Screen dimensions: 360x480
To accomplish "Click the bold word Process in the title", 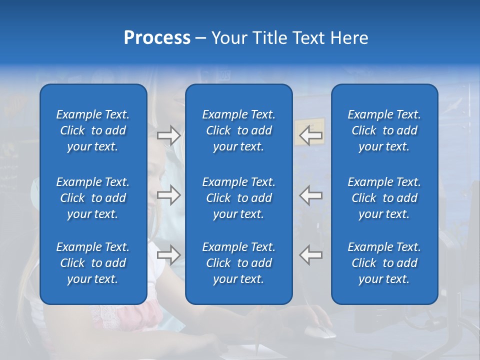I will click(x=157, y=38).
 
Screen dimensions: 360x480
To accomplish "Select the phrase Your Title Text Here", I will click(x=289, y=38).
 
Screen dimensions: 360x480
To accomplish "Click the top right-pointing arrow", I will click(x=168, y=135).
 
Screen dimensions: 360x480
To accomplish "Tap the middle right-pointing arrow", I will click(x=168, y=195).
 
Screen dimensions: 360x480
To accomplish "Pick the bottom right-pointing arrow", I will click(x=168, y=255).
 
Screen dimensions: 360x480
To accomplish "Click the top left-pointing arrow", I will click(x=311, y=134).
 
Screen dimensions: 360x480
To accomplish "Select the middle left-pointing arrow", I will click(x=311, y=195).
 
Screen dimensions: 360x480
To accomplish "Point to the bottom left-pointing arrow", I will click(x=311, y=255).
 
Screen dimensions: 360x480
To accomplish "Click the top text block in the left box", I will click(x=93, y=130).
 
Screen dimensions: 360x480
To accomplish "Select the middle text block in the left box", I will click(x=93, y=198).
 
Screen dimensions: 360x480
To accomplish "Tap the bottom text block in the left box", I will click(x=93, y=263).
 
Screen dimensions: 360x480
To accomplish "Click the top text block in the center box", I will click(x=239, y=130).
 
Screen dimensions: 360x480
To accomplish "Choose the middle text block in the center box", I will click(x=239, y=198).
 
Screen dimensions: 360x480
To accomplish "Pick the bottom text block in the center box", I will click(x=239, y=263).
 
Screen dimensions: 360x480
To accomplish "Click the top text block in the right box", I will click(x=384, y=130).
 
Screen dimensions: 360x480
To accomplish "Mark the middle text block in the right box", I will click(x=384, y=198).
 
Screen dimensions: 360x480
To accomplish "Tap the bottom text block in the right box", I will click(x=384, y=263).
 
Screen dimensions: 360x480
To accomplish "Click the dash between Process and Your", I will click(x=200, y=38).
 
